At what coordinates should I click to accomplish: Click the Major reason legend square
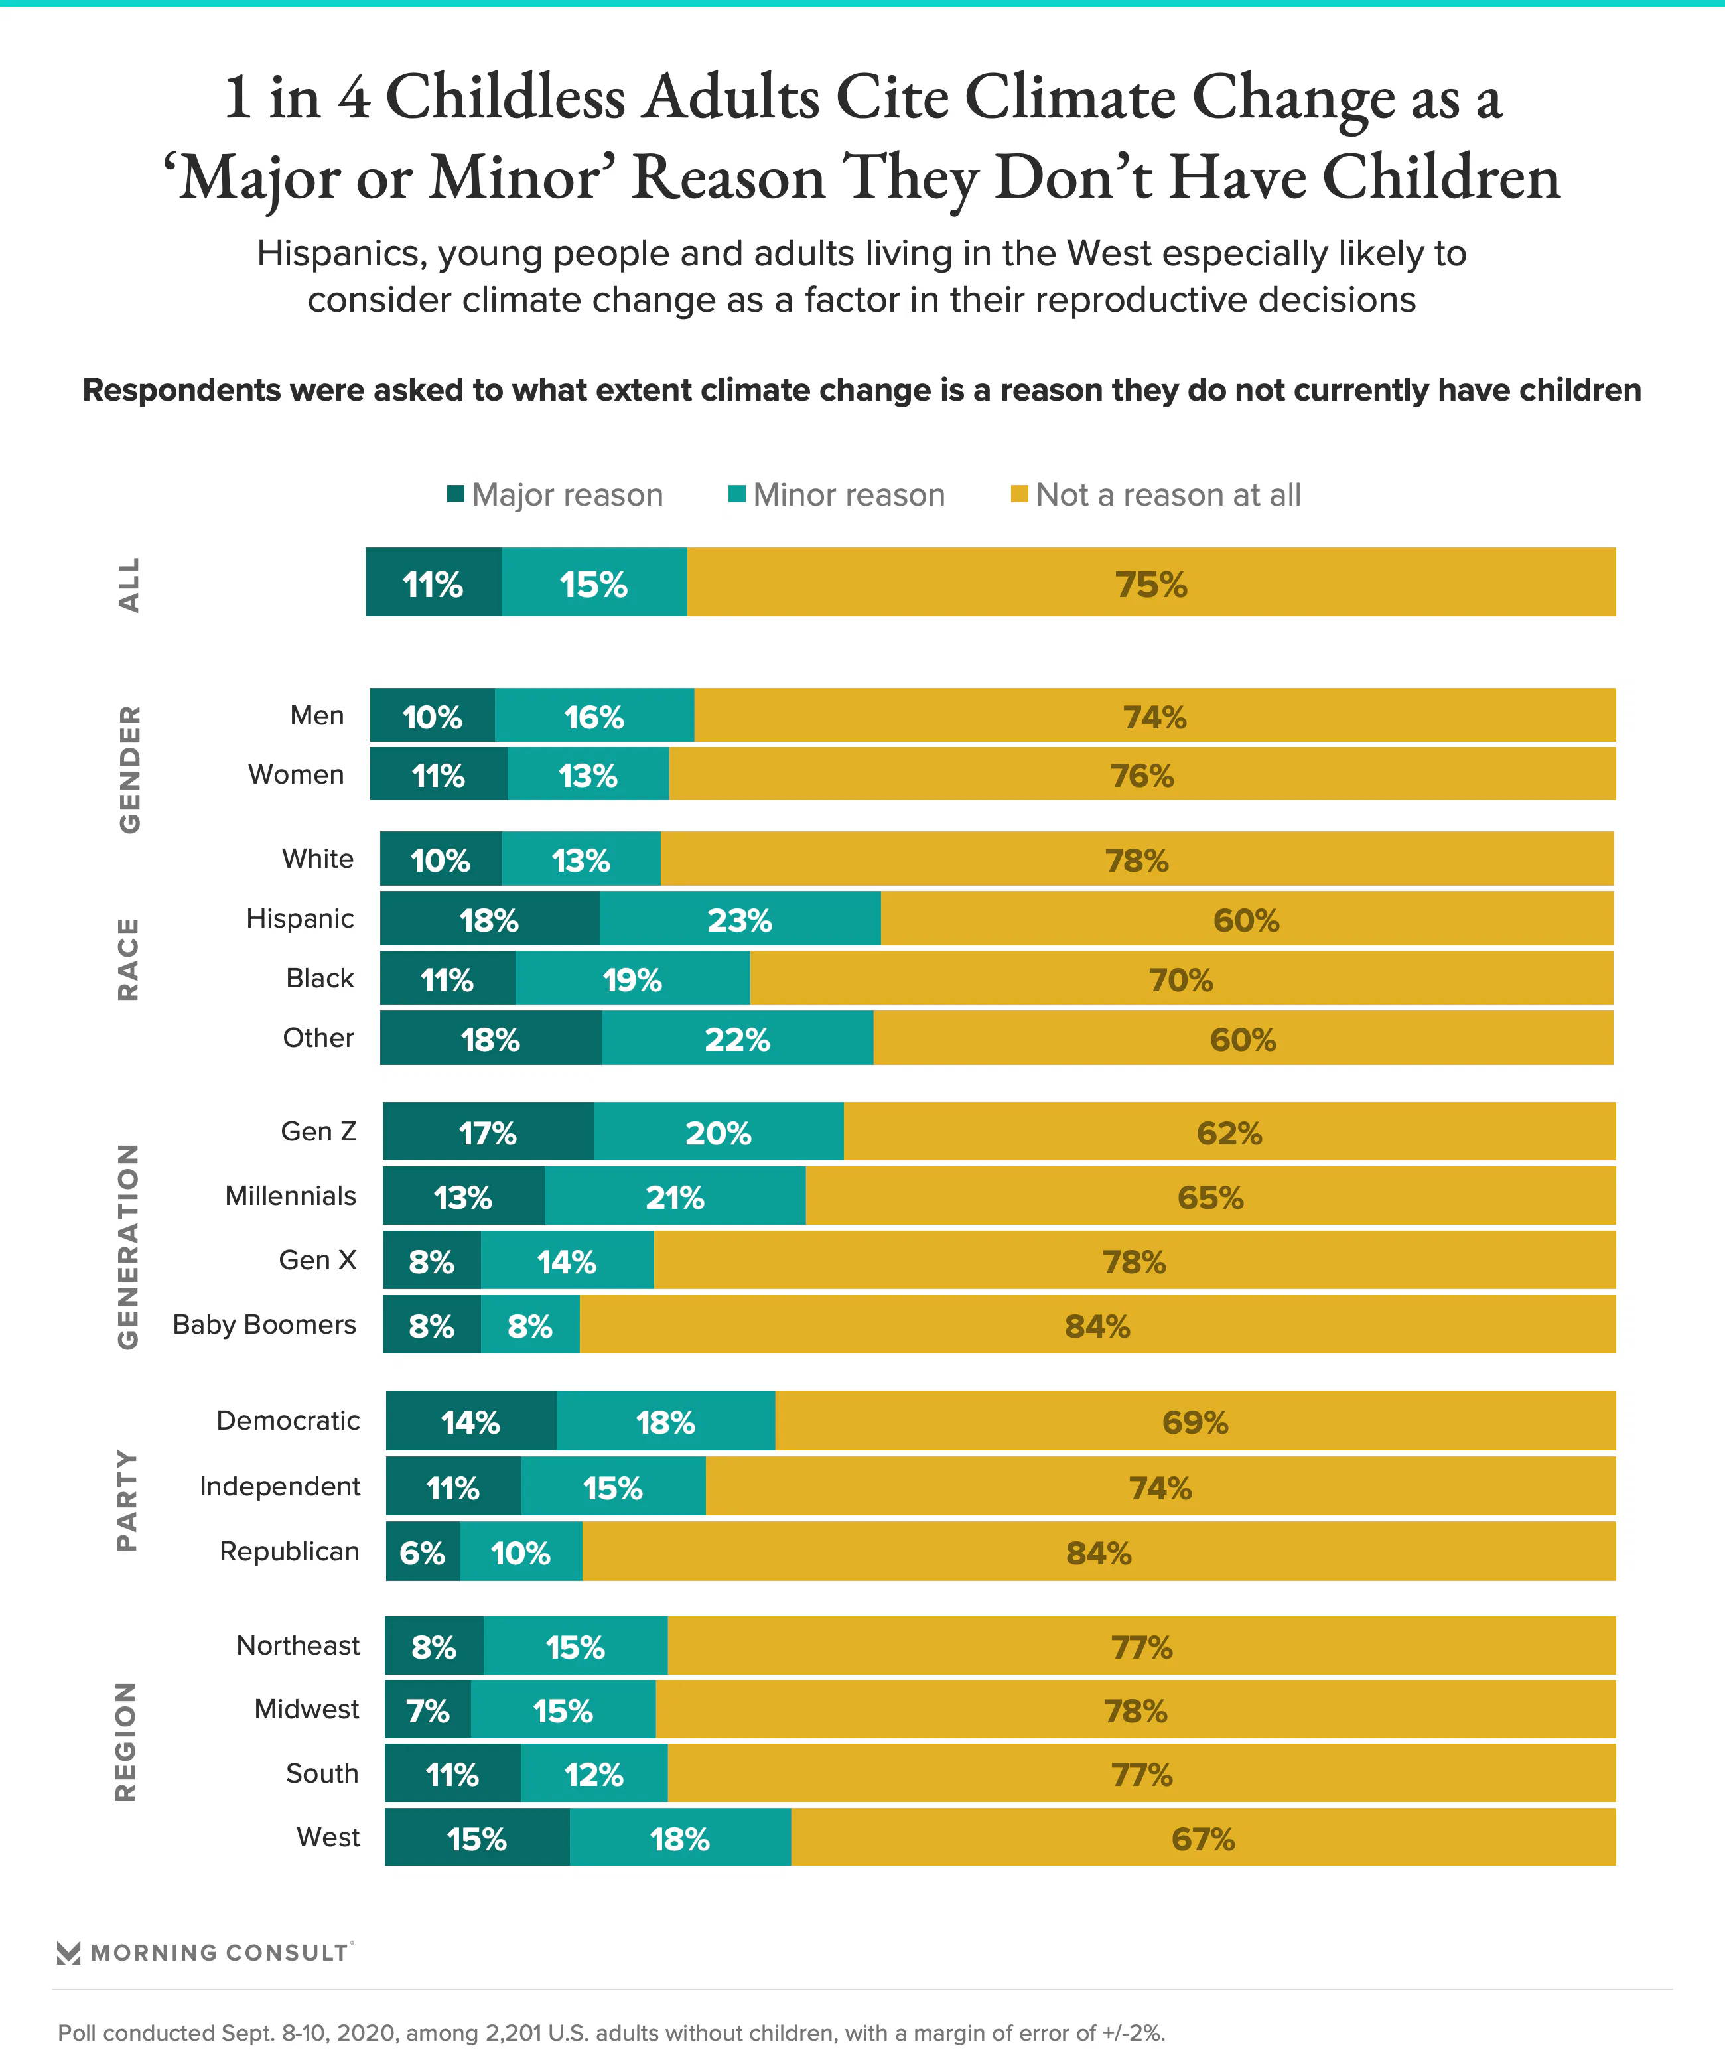[x=455, y=494]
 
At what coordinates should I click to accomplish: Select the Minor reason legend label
[x=849, y=495]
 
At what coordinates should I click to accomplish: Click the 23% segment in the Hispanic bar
[x=739, y=920]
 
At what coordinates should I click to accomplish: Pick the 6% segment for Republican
[x=422, y=1553]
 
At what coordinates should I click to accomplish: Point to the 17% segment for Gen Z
[x=488, y=1133]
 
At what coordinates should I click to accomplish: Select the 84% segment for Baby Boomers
[x=1097, y=1326]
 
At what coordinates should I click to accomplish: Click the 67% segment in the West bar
[x=1203, y=1839]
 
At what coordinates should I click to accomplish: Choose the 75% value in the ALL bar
[x=1151, y=584]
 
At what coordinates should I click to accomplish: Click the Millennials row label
[x=290, y=1196]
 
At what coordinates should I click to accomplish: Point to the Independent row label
[x=280, y=1486]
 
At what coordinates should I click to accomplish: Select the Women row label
[x=296, y=775]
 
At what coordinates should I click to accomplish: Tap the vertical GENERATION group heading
[x=128, y=1246]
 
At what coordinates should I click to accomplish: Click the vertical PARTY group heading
[x=127, y=1499]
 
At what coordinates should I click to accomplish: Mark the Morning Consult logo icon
[x=69, y=1953]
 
